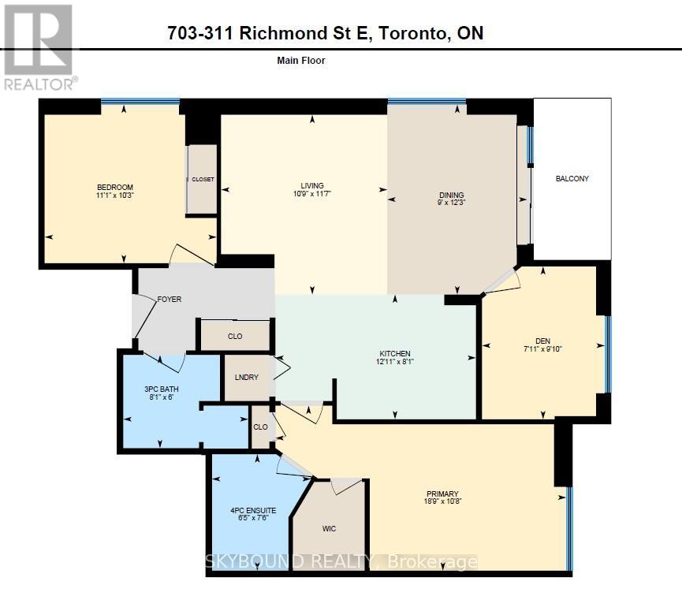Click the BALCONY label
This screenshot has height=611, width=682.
pyautogui.click(x=572, y=179)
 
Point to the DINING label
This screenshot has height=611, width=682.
pyautogui.click(x=451, y=196)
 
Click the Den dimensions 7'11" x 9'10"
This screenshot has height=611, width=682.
pyautogui.click(x=542, y=348)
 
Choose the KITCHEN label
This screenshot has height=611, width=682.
pyautogui.click(x=394, y=353)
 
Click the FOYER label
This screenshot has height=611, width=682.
pyautogui.click(x=170, y=300)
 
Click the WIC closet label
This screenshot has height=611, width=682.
pyautogui.click(x=329, y=529)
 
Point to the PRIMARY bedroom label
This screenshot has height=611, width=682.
pyautogui.click(x=442, y=494)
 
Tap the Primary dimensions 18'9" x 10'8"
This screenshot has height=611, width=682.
pyautogui.click(x=442, y=503)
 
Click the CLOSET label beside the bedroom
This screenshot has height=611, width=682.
pyautogui.click(x=203, y=180)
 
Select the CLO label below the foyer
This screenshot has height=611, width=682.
pyautogui.click(x=235, y=337)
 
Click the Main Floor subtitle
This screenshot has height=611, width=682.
pyautogui.click(x=302, y=60)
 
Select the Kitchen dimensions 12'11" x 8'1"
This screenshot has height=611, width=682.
pyautogui.click(x=394, y=362)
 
